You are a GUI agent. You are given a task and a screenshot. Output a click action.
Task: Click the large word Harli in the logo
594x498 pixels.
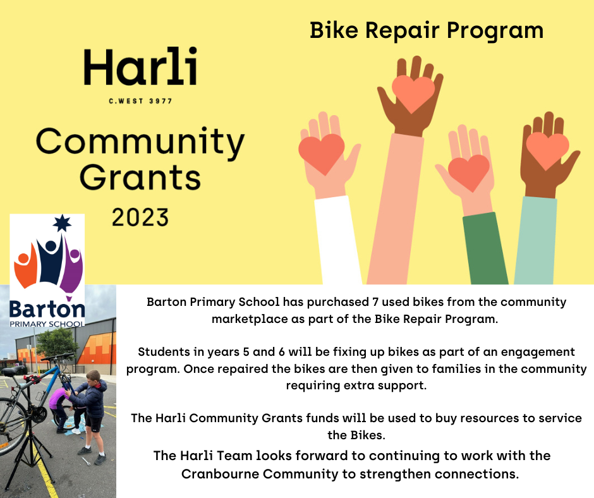140,67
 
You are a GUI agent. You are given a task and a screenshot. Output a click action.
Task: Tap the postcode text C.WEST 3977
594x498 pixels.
140,101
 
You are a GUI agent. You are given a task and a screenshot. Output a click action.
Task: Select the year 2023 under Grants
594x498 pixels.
140,217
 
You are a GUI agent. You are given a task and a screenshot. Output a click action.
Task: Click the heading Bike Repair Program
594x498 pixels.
427,30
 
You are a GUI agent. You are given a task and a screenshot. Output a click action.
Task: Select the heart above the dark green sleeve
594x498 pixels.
469,173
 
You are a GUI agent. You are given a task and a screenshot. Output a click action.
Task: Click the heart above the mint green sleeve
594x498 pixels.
547,150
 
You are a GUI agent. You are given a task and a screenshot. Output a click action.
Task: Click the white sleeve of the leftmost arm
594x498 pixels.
338,241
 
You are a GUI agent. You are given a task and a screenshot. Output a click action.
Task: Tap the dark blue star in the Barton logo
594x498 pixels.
62,223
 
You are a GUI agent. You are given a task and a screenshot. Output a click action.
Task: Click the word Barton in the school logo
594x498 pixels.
47,309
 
